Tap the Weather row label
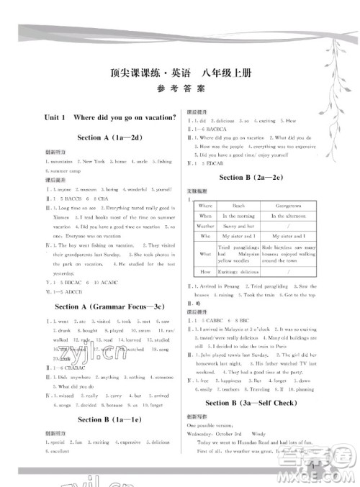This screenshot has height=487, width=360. [x=206, y=226]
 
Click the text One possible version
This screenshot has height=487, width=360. [x=211, y=425]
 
